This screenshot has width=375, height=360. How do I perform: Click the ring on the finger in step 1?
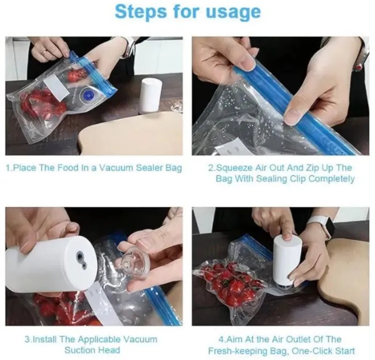(x=45, y=52)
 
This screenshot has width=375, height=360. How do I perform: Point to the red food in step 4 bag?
(x=230, y=282)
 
